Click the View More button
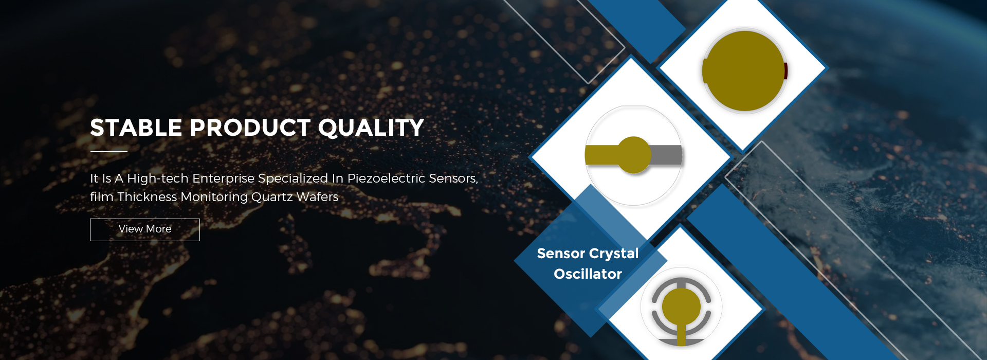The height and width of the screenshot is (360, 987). click(145, 229)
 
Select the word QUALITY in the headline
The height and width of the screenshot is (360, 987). click(371, 128)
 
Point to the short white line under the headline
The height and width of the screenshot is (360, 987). click(108, 152)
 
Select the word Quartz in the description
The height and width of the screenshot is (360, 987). click(272, 197)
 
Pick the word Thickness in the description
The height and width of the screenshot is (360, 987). click(147, 197)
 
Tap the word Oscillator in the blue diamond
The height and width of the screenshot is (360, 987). click(588, 274)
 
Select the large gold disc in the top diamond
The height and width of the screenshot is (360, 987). click(743, 70)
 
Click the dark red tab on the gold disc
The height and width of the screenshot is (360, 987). click(785, 70)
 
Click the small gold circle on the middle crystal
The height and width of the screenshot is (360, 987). click(634, 154)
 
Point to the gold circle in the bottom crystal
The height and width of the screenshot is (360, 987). click(681, 306)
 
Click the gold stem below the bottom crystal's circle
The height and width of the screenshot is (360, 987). click(681, 335)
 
